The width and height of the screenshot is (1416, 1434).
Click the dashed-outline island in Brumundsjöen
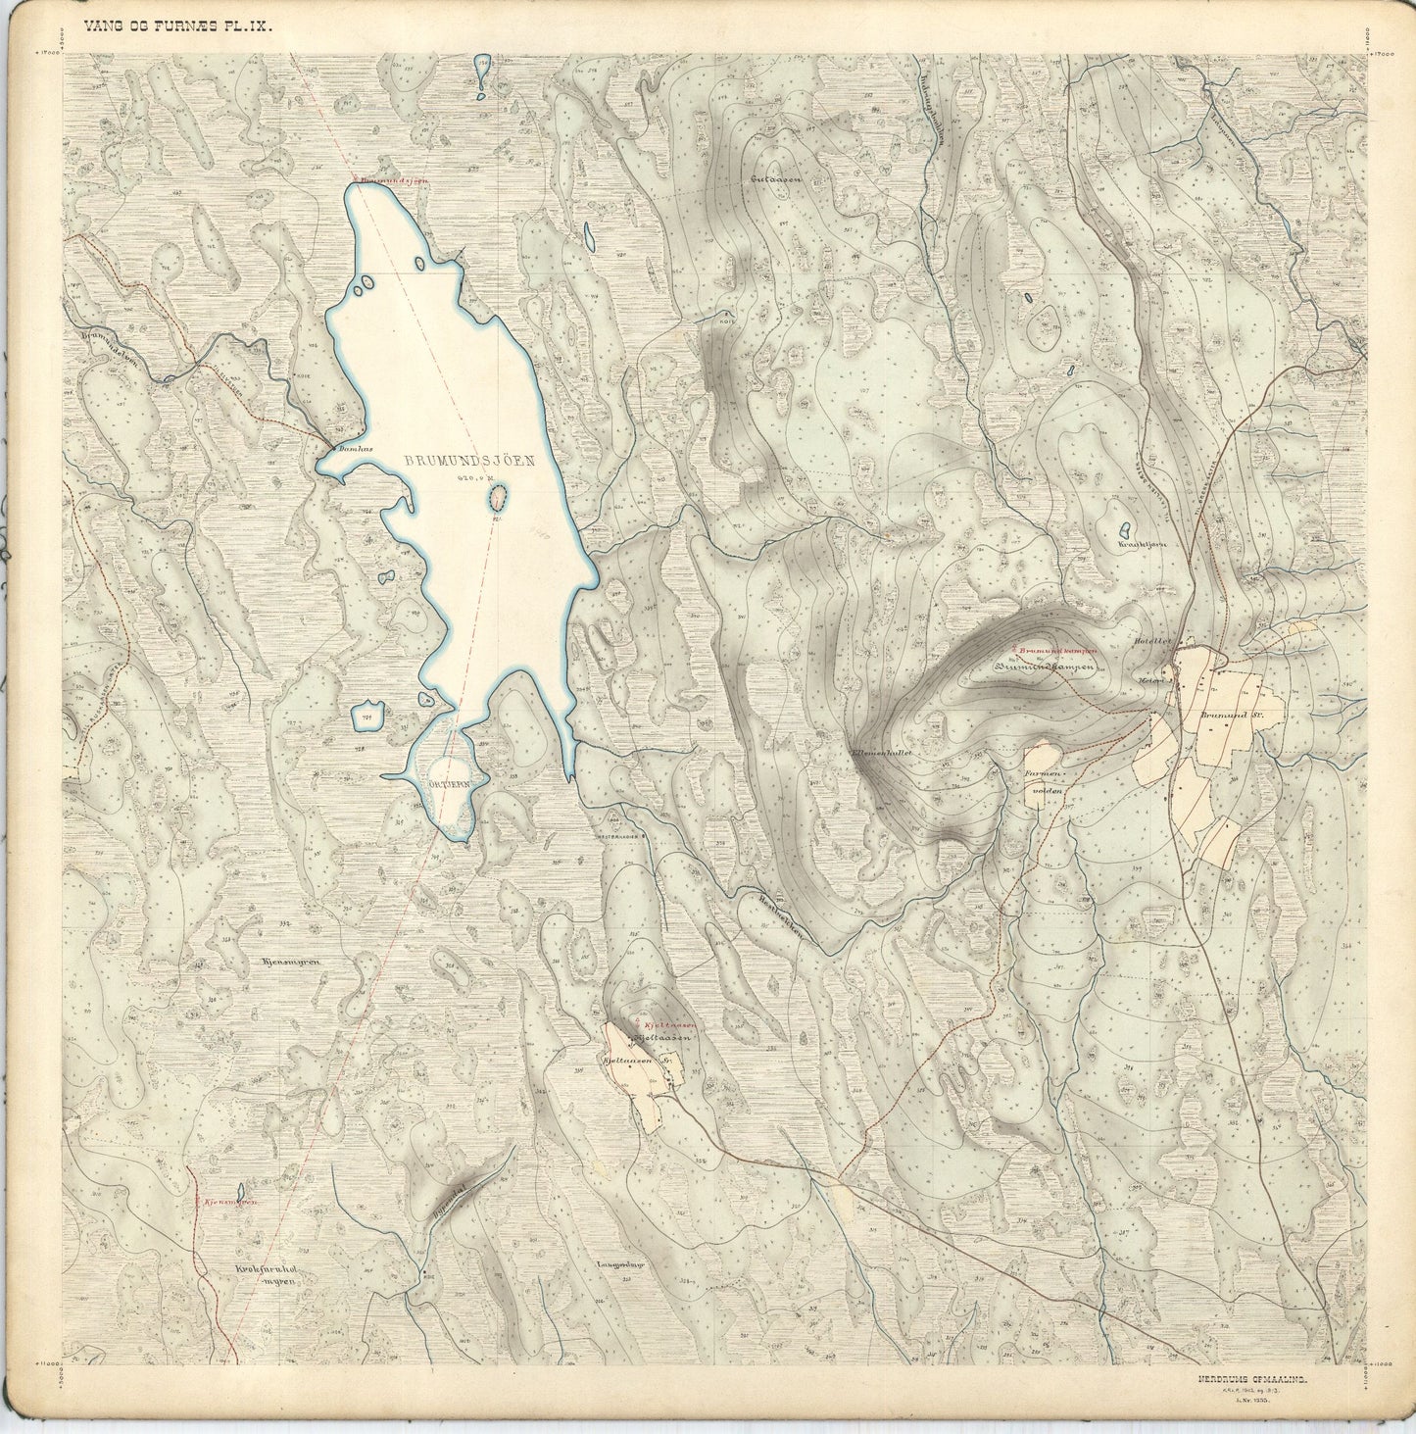click(x=498, y=500)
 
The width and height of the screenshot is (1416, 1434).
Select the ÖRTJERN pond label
click(x=452, y=784)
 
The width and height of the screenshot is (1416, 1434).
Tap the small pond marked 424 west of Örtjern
click(x=366, y=716)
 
